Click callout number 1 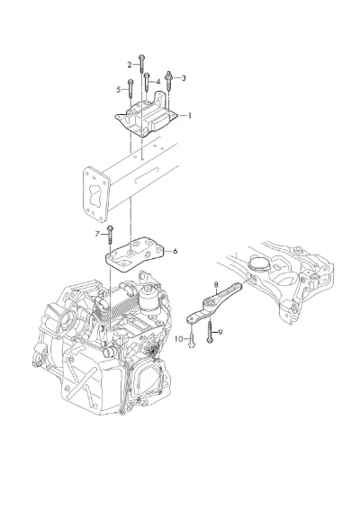190,116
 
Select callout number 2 130,65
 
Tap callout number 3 184,78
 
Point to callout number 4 158,82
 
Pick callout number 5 119,89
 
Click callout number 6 175,251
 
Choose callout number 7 97,234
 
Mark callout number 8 216,285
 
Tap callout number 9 220,332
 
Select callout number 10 179,339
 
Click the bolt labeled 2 141,64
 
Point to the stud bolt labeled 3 169,80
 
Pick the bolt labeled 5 130,88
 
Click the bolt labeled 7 110,235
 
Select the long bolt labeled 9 210,332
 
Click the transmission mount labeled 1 147,116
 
